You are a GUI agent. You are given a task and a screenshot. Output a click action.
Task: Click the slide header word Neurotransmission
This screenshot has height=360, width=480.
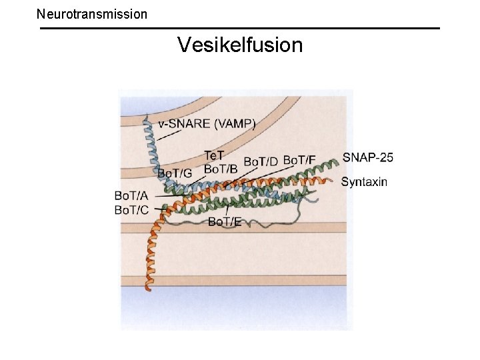coord(92,13)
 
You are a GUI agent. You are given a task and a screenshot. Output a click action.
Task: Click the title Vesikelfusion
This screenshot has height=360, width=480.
coord(240,45)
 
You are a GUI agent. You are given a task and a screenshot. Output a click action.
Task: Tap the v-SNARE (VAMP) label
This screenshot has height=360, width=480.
coord(207,123)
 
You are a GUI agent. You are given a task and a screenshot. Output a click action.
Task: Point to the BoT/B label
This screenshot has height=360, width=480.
coord(221,169)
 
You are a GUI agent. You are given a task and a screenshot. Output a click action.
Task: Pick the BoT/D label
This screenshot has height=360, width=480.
coord(261,161)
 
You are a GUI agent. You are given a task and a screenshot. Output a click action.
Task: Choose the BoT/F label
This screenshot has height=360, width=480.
coord(300,160)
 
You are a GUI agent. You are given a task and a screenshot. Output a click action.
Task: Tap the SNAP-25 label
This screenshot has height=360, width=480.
coord(367,158)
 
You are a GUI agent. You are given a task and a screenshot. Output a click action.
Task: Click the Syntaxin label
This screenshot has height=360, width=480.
coord(364,181)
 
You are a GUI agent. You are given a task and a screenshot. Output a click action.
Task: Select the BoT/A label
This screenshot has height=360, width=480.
coord(132,196)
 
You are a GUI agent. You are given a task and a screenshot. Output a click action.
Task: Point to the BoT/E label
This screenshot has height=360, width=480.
coord(225,221)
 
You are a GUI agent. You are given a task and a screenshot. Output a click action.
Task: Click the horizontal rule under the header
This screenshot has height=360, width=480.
coord(240,28)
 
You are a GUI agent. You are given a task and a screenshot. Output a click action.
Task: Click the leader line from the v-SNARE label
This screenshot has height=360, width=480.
coord(169,135)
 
